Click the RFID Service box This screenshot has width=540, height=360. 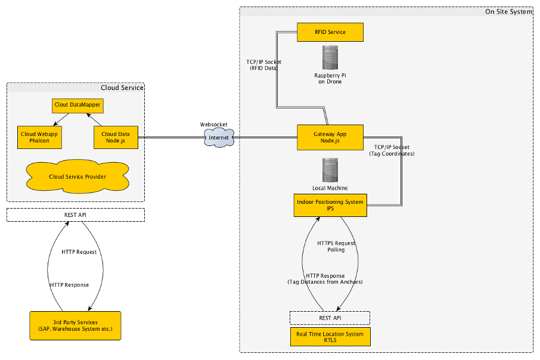pos(330,32)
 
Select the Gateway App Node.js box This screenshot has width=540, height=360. pos(330,138)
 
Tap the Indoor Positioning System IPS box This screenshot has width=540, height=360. pos(330,206)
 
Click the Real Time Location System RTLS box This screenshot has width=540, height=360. pos(330,337)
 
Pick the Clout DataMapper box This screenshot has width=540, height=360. pos(77,105)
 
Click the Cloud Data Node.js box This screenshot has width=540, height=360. pos(116,138)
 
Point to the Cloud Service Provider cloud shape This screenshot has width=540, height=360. pos(77,176)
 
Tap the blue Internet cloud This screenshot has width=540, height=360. pos(218,138)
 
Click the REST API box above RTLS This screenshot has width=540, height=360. pos(330,318)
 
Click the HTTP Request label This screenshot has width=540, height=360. pos(79,252)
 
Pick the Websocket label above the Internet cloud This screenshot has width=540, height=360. pos(213,125)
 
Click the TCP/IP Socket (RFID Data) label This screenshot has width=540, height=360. pos(263,65)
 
